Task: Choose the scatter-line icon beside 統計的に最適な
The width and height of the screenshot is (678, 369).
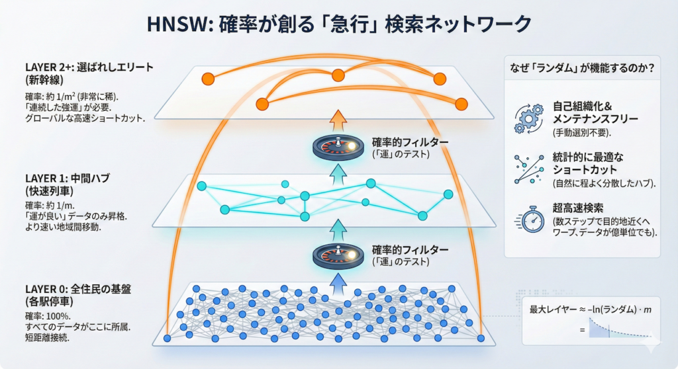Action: click(x=528, y=169)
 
